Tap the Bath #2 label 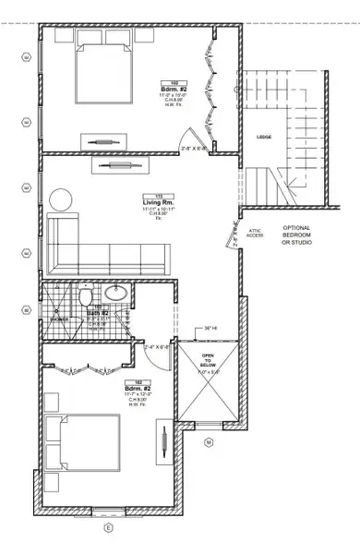tap(99, 314)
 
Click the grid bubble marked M tap(208, 441)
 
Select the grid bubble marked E tap(108, 527)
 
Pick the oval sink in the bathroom tap(117, 294)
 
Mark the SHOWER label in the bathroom tap(60, 319)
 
